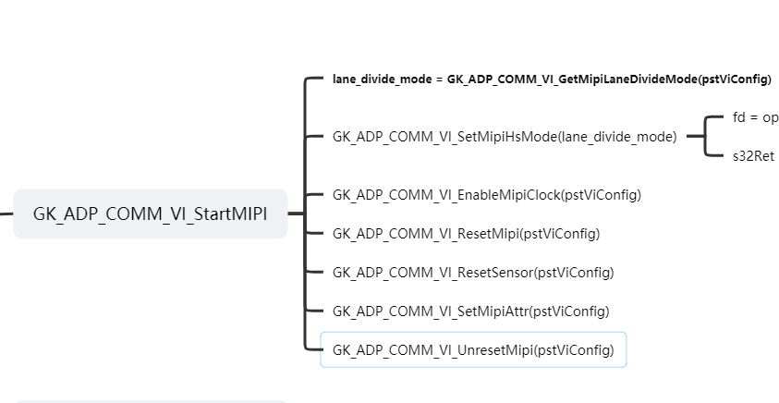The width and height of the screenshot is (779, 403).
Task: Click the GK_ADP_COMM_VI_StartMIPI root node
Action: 150,214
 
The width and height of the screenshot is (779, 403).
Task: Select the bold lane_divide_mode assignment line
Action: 552,79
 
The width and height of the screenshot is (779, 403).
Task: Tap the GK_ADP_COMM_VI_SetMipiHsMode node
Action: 504,137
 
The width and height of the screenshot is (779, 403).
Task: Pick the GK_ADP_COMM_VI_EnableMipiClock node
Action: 486,195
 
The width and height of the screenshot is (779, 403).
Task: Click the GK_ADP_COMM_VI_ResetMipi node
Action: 466,234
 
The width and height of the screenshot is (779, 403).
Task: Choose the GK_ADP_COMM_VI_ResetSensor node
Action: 472,273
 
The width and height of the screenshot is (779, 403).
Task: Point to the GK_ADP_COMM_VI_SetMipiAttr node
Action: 470,311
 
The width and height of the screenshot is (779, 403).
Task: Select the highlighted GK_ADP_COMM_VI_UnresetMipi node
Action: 472,350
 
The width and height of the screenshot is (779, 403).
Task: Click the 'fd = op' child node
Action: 755,117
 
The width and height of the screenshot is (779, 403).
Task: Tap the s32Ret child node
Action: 752,156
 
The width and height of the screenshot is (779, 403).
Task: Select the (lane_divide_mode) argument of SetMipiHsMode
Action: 617,137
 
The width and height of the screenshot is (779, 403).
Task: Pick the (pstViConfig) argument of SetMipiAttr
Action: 570,311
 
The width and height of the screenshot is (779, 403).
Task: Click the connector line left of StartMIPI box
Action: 6,214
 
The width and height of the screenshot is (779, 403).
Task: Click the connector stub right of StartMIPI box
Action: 296,214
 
